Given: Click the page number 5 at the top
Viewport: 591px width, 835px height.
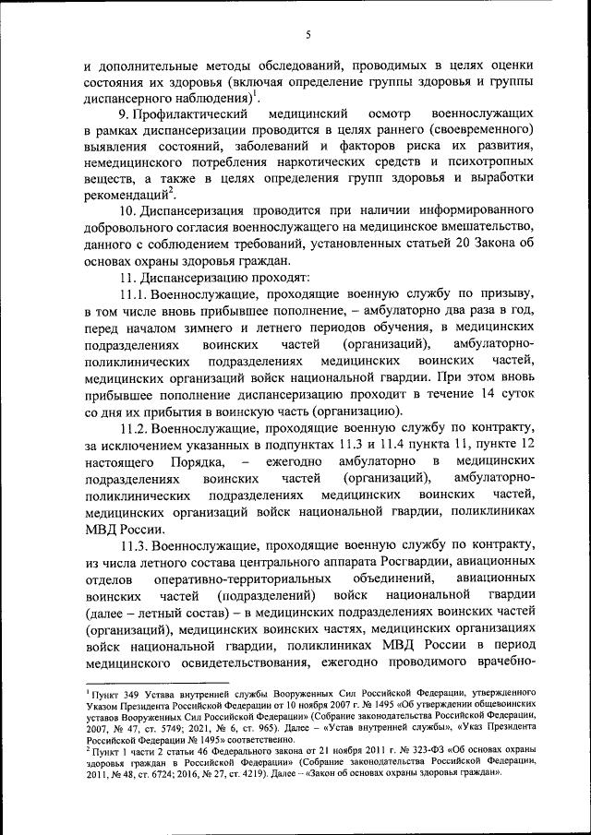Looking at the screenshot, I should (308, 34).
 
